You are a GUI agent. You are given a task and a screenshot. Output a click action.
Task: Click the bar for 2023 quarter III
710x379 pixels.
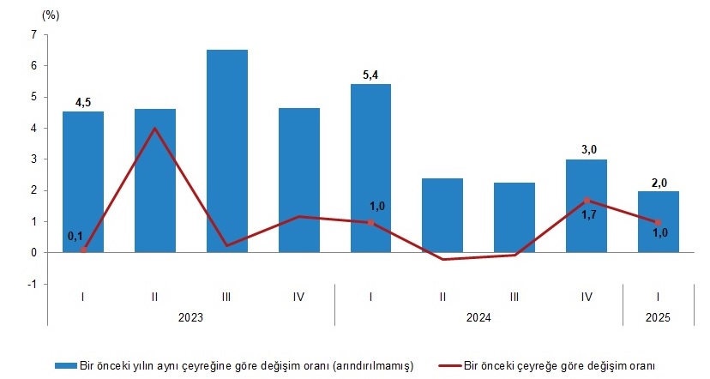[x=226, y=151]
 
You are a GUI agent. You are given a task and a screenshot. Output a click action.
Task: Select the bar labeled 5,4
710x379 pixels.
[x=370, y=168]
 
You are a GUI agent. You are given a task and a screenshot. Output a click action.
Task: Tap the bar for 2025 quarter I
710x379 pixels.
[x=659, y=221]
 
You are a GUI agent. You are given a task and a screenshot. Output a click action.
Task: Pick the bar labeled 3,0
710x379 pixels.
[x=587, y=206]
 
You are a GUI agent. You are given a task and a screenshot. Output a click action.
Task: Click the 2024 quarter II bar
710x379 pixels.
[x=442, y=215]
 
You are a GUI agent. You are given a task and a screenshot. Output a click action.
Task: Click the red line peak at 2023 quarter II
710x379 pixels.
[x=154, y=129]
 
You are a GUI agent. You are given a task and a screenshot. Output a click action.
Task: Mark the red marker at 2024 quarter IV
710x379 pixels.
[x=587, y=201]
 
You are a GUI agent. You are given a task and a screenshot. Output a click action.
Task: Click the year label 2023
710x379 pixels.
[x=190, y=317]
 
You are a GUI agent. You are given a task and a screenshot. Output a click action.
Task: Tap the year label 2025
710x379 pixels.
[x=659, y=317]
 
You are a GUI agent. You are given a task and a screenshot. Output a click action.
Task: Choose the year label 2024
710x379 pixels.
[x=478, y=317]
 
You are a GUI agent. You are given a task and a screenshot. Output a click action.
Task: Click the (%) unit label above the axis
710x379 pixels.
[x=50, y=15]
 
